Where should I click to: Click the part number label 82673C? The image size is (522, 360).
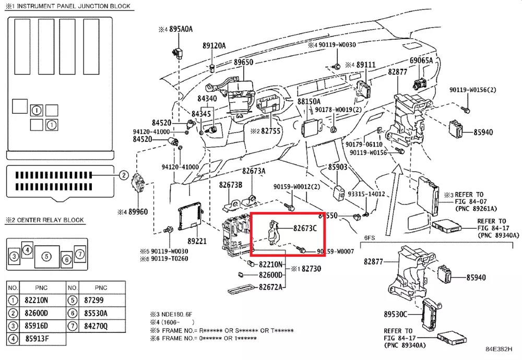click(305, 228)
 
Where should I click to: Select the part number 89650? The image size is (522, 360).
click(243, 62)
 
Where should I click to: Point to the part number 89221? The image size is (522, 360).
click(197, 242)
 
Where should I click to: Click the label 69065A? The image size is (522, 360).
click(421, 61)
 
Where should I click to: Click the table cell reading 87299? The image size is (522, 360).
click(94, 300)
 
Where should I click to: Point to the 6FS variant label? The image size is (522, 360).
click(370, 237)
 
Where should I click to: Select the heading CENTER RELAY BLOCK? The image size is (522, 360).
click(50, 220)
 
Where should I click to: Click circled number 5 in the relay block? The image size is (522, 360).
click(46, 256)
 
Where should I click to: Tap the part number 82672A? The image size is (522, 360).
click(272, 287)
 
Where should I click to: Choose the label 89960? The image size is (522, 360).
click(138, 212)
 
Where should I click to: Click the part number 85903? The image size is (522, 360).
click(338, 167)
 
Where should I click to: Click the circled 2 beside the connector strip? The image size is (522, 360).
click(123, 175)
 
